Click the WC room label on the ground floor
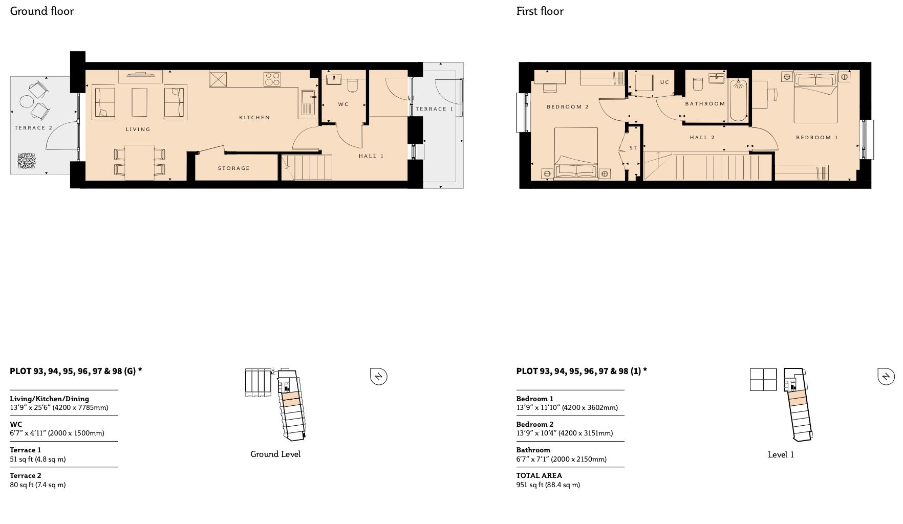click(343, 104)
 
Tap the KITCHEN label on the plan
click(254, 118)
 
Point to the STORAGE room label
click(234, 168)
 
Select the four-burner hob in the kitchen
click(272, 79)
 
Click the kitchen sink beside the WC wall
click(308, 102)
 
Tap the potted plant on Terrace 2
click(27, 161)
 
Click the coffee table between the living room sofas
click(139, 102)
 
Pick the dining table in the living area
click(139, 162)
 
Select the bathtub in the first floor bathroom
click(739, 99)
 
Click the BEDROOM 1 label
click(817, 138)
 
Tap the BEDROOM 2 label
click(568, 107)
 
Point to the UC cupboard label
click(664, 82)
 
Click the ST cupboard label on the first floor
click(633, 148)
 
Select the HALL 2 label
click(702, 138)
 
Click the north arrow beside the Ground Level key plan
click(378, 377)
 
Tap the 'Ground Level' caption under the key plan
click(275, 454)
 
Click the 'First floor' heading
click(540, 11)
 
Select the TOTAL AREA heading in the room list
click(539, 475)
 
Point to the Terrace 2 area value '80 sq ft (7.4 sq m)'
click(38, 485)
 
